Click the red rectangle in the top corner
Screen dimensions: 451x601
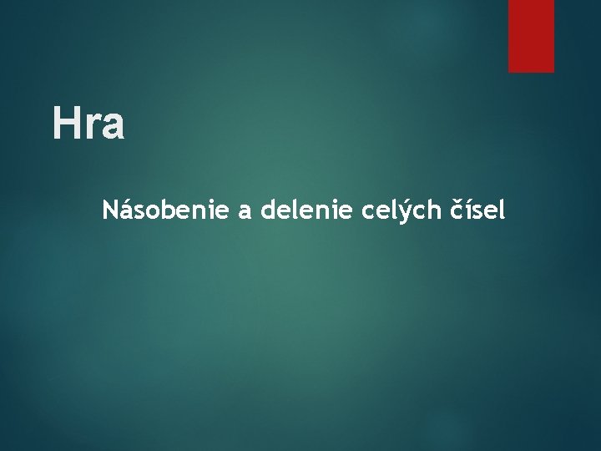pos(532,36)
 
